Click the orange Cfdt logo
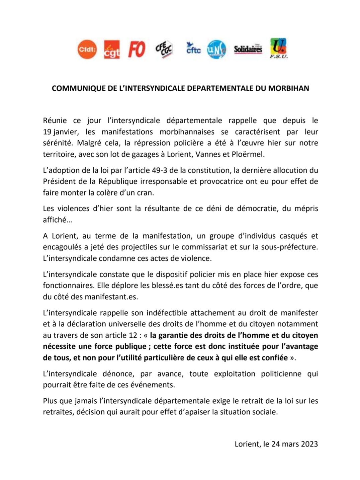87,50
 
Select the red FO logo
137,50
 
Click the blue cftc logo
193,49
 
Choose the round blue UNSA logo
216,50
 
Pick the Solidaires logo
248,50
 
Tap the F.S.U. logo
278,49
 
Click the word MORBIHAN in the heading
288,88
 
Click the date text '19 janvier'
59,132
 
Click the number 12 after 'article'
133,335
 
